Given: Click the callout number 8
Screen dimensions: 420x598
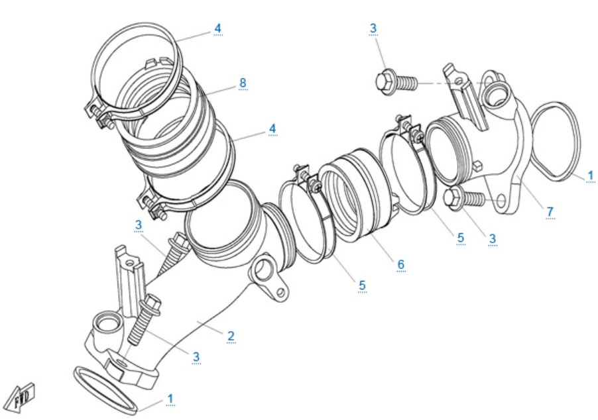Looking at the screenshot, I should coord(243,82).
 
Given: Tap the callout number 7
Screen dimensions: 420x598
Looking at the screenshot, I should coord(550,211).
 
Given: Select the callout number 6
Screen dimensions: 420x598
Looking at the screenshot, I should coord(400,264).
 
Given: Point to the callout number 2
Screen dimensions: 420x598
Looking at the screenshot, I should coord(231,335).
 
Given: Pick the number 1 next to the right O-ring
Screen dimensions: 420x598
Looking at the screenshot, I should coord(589,176).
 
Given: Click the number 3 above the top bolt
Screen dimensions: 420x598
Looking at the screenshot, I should coord(373,28).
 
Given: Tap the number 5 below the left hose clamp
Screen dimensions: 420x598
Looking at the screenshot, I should coord(362,285).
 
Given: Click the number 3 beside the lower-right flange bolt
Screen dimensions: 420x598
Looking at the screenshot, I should coord(493,237).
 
